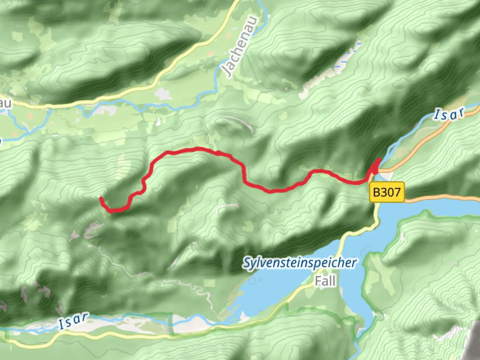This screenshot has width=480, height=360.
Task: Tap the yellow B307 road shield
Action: click(387, 192)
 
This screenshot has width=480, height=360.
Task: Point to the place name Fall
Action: click(325, 281)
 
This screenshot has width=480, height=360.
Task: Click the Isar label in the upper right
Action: click(449, 114)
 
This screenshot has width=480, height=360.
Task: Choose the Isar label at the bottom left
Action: click(74, 321)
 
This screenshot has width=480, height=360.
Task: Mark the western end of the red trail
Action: click(101, 198)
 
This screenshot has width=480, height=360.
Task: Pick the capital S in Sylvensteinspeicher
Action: click(247, 263)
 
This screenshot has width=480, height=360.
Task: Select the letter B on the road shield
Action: click(376, 192)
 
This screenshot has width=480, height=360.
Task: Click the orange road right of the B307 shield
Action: click(440, 199)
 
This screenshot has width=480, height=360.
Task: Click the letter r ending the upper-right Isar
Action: click(461, 113)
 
